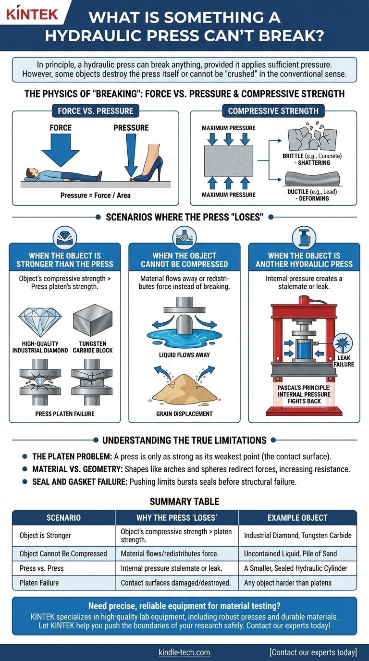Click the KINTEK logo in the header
pos(32,14)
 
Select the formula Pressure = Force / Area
pos(95,196)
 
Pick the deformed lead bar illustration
pos(312,179)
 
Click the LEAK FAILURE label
pos(344,361)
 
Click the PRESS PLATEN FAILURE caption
pos(65,414)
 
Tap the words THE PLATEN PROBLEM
pos(72,456)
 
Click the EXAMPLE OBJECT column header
pos(297,517)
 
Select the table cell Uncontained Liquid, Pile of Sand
pos(290,553)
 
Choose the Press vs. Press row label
pos(42,568)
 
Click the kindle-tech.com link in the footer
pos(184,652)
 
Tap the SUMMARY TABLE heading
pos(184,502)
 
